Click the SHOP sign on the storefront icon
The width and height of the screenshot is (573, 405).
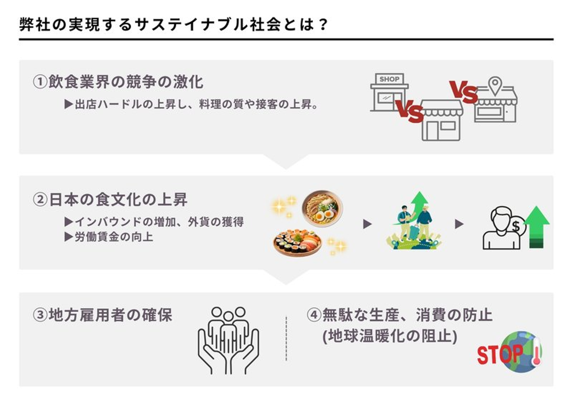(x=389, y=79)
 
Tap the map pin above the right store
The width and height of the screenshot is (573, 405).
(x=495, y=85)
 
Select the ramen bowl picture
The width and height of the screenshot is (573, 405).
(x=322, y=208)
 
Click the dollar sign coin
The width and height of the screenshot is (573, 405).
(x=516, y=227)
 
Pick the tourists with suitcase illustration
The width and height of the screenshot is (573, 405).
(x=414, y=223)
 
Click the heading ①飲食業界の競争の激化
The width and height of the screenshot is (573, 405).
(x=118, y=82)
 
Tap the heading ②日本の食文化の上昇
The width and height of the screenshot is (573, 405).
(x=110, y=199)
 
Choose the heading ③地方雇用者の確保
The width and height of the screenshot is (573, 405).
(x=103, y=315)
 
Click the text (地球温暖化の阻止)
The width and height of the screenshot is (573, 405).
(x=390, y=336)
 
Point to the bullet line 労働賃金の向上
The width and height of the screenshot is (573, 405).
(x=109, y=237)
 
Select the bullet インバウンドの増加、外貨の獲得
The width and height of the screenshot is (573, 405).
(x=154, y=221)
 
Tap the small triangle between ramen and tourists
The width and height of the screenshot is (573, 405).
(x=367, y=224)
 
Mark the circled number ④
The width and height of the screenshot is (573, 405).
(x=314, y=315)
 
